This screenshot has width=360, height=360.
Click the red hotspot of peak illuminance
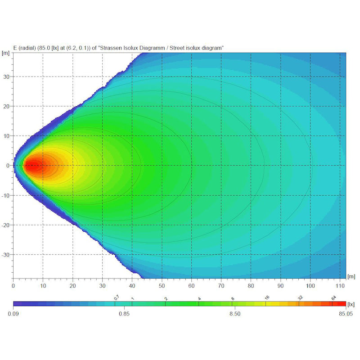pos(31,166)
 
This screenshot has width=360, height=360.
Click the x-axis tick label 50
pos(162,285)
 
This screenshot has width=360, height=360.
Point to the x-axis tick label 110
pos(340,285)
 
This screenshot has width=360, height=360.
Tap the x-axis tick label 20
pos(72,285)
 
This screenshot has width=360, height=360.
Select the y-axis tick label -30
pos(5,255)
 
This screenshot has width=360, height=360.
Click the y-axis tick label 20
pos(6,106)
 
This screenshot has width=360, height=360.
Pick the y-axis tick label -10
pos(5,195)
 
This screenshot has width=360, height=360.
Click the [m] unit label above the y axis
pos(6,53)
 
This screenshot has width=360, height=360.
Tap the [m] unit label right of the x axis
pos(351,275)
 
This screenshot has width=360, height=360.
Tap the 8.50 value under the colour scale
pos(235,314)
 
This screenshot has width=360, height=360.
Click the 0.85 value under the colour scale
pos(124,314)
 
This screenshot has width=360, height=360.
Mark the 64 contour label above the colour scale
pos(333,298)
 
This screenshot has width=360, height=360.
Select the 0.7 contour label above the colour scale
pos(117,297)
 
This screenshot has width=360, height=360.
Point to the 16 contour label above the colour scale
pos(267,298)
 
